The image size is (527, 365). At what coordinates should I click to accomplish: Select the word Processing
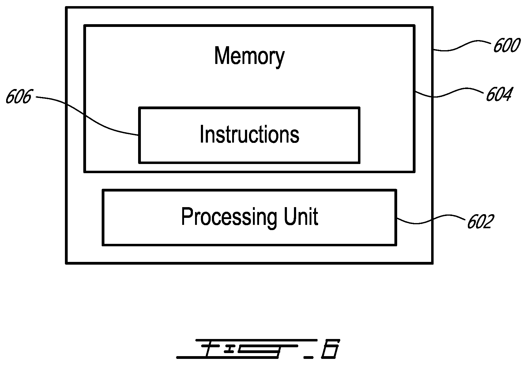[229, 218]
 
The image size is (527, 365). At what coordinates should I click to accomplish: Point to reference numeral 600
[506, 46]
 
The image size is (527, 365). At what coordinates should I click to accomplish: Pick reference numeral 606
[19, 97]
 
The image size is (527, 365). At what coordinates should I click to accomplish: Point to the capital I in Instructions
[201, 134]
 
